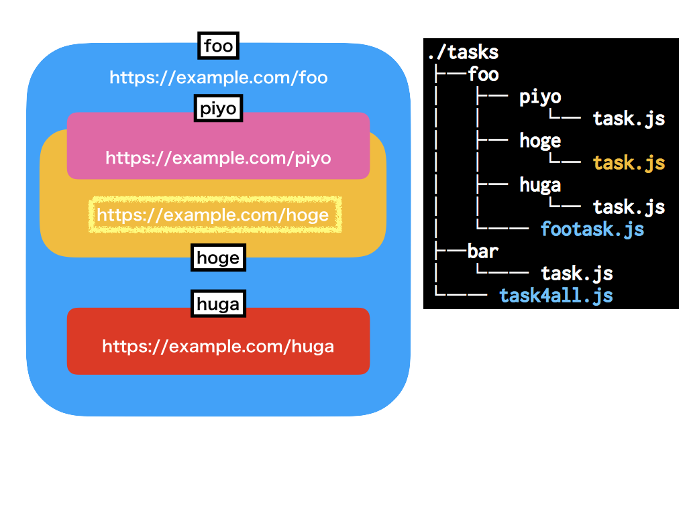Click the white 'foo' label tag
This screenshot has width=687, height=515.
click(219, 46)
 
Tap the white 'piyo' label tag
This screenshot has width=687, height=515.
click(218, 108)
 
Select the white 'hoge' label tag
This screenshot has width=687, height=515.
click(218, 257)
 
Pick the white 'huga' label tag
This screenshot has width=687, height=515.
click(218, 304)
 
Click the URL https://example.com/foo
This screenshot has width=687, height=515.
click(219, 78)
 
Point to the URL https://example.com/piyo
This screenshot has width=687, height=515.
click(218, 158)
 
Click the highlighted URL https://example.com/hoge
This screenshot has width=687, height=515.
click(213, 215)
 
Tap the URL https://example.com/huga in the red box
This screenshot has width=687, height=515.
click(218, 347)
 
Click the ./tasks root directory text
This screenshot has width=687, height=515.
click(463, 52)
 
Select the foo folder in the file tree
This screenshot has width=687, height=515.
click(483, 74)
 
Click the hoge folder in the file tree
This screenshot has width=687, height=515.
click(540, 140)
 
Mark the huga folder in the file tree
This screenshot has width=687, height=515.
click(540, 184)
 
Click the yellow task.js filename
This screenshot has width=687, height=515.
click(629, 162)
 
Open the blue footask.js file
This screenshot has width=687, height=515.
click(592, 229)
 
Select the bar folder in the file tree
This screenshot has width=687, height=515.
click(483, 251)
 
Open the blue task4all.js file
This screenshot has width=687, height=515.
click(556, 295)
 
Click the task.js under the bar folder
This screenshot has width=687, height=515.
click(577, 273)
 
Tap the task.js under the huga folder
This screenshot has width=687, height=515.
click(629, 207)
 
